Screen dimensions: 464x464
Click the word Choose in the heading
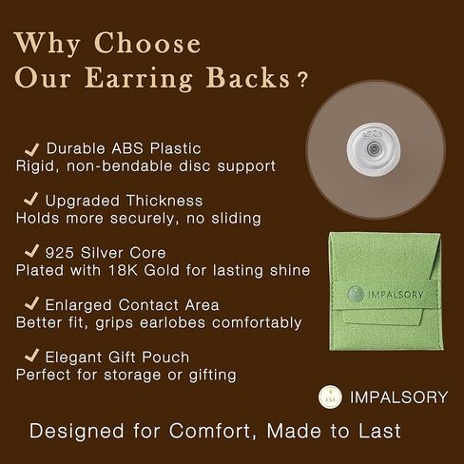(147, 43)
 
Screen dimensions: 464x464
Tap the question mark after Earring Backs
(303, 80)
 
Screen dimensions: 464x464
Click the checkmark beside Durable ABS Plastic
(32, 149)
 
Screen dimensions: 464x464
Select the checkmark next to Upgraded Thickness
(31, 199)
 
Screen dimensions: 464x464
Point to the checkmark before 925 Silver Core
(31, 251)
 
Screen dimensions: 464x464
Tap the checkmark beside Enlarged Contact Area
(31, 303)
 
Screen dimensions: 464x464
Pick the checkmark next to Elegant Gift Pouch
(31, 356)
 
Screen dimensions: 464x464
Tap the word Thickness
(164, 201)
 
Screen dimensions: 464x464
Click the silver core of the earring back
(374, 148)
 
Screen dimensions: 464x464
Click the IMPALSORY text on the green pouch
(396, 295)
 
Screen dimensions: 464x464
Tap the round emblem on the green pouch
(356, 294)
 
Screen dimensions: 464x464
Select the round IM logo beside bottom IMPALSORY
(330, 396)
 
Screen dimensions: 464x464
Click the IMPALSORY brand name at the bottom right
(398, 397)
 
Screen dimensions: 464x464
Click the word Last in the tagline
(379, 431)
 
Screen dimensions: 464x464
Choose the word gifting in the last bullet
(213, 376)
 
